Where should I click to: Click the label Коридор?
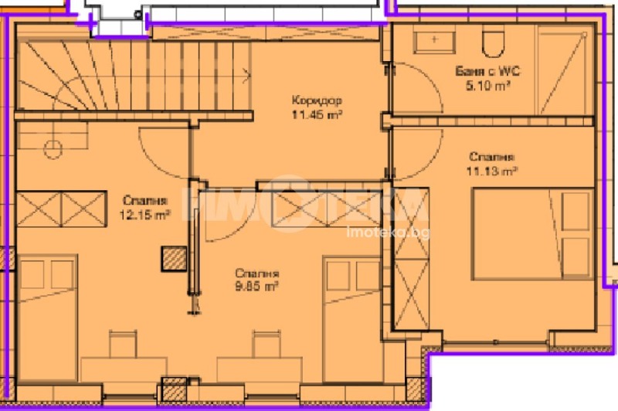pos(317,100)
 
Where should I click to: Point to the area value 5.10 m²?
pos(484,87)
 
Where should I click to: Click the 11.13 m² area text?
pos(491,170)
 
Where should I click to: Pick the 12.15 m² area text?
pos(144,216)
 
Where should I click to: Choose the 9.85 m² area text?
pos(257,287)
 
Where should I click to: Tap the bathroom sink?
pos(434,39)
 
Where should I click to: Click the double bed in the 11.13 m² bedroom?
pos(533,236)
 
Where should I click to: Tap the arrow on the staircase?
pos(244,75)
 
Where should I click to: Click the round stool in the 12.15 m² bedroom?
pos(53,148)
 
